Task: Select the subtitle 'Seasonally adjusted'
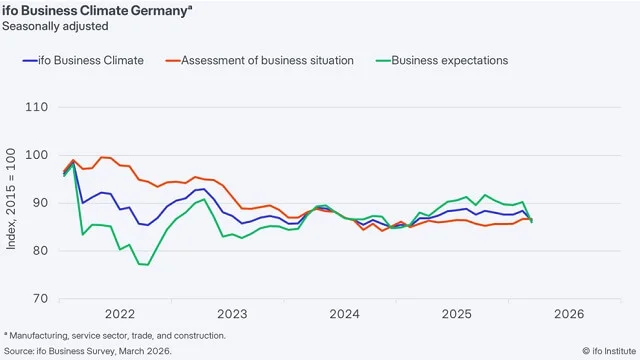point(56,26)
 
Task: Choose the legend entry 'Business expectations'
point(449,61)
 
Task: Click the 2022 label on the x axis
point(120,314)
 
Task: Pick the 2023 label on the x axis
point(232,314)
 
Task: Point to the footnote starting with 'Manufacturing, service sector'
point(116,336)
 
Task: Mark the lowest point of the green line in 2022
point(144,265)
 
